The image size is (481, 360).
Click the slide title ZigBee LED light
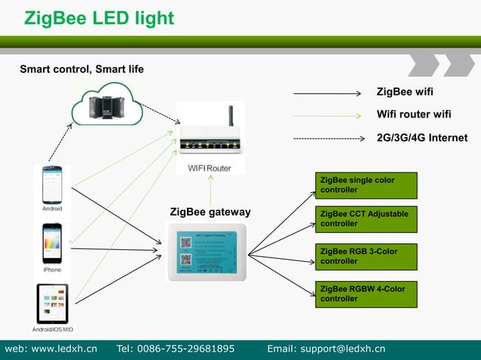coord(99,18)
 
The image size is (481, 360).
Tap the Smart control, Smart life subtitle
coord(81,69)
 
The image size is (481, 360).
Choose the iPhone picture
coord(52,243)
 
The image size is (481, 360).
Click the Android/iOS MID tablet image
coord(53,303)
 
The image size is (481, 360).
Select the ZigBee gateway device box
coord(207,253)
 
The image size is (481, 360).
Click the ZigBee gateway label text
coord(210,212)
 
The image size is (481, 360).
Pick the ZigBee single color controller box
coord(366,185)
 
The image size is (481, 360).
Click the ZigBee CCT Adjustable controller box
coord(366,219)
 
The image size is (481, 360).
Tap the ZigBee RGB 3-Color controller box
coord(366,256)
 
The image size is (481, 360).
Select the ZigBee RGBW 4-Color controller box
coord(366,294)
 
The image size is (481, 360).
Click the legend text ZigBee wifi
coord(405,93)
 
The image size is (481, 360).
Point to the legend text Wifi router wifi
coord(414,114)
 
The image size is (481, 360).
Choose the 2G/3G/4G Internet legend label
coord(421,138)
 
